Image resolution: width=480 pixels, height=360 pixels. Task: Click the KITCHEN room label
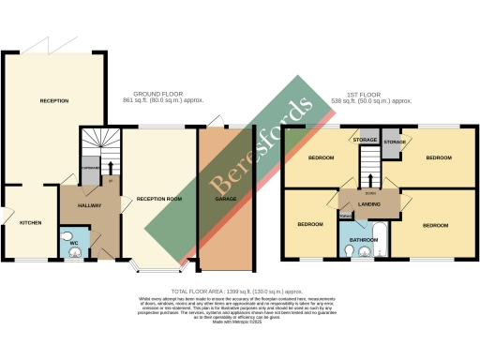[x=30, y=221]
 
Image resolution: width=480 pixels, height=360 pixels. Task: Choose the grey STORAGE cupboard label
[x=365, y=140]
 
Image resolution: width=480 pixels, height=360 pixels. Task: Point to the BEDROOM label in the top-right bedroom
[x=438, y=158]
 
